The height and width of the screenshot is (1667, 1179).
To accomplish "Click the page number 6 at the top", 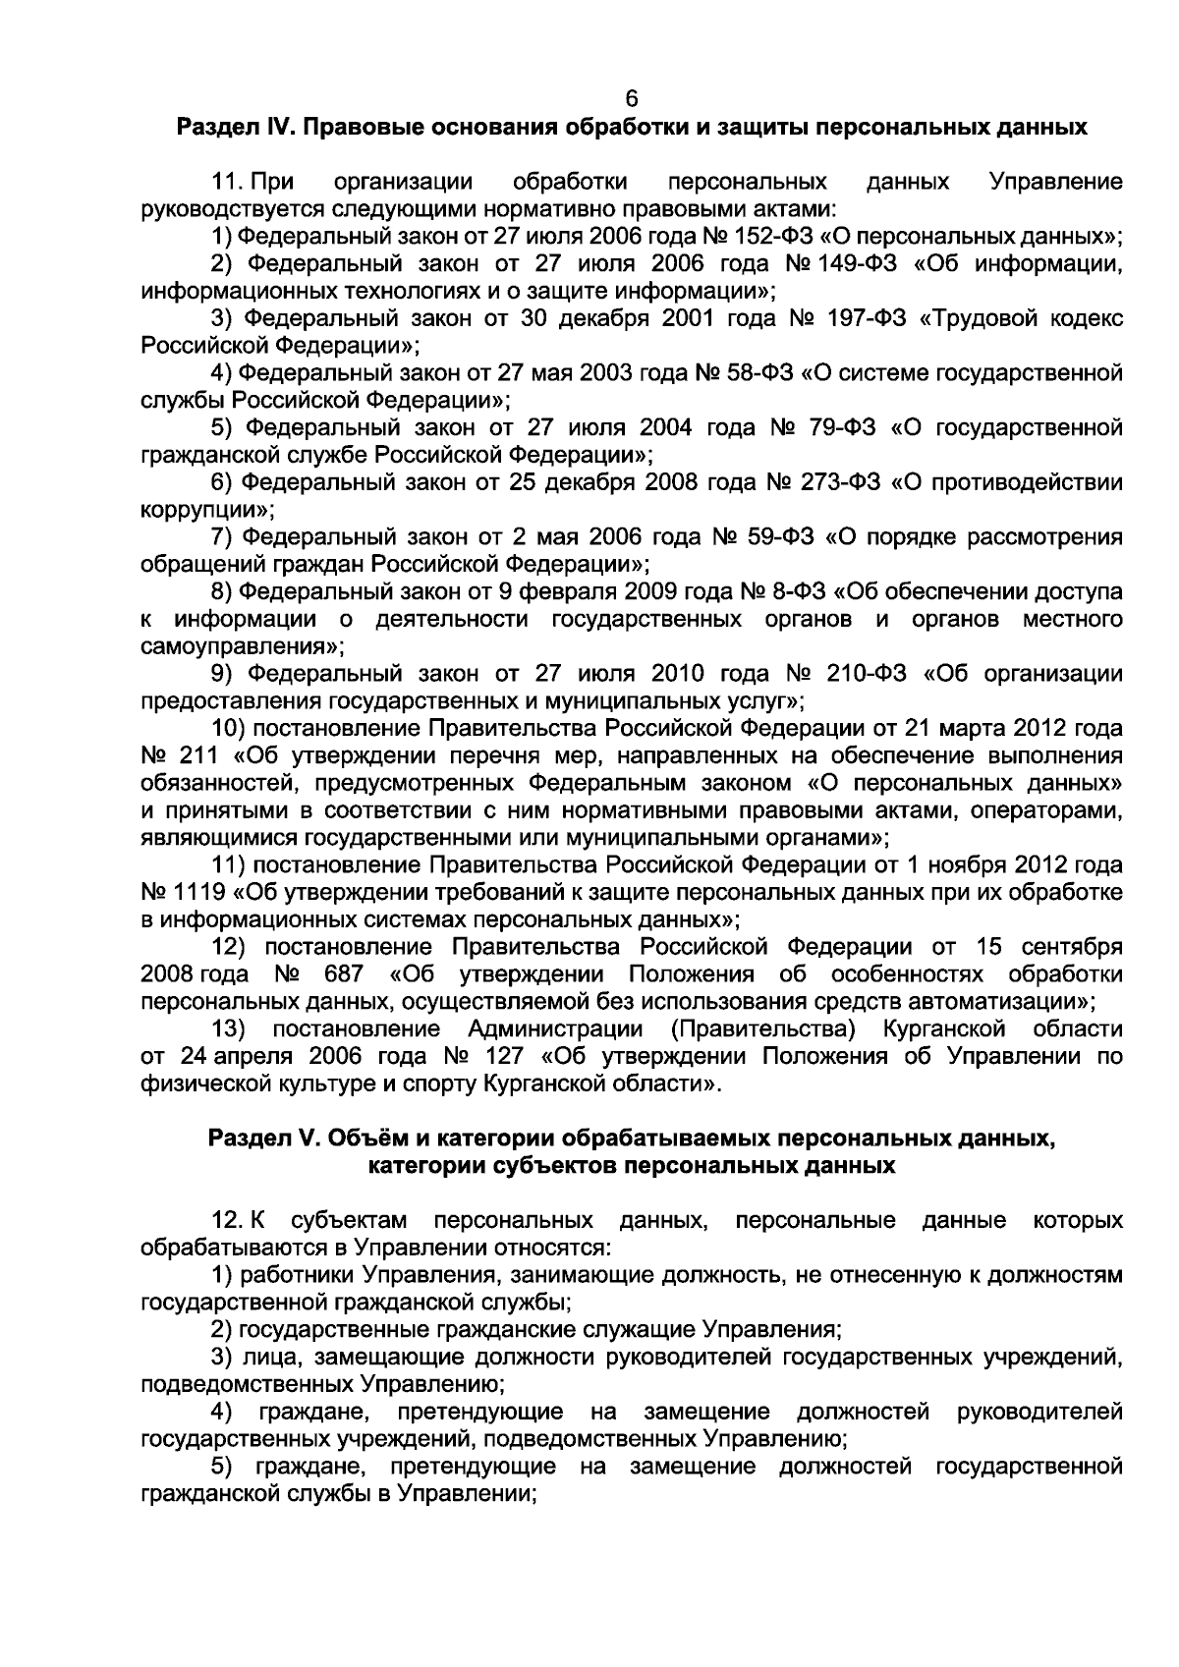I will coord(631,99).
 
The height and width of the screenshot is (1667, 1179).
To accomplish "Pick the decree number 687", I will coord(343,974).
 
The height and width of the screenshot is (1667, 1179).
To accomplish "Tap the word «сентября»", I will coord(1072,947).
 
